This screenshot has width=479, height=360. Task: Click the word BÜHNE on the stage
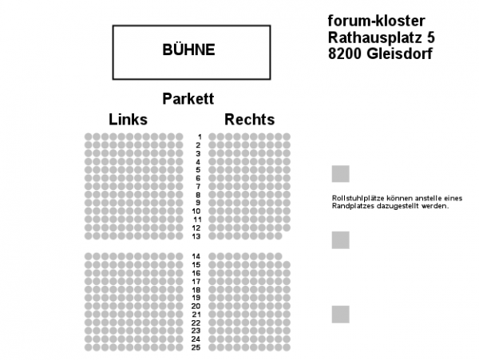188,49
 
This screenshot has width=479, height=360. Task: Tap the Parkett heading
188,99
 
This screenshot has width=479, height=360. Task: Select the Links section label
128,119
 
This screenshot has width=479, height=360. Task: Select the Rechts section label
250,119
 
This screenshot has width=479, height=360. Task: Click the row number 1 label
200,136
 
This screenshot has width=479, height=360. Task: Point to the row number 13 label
196,236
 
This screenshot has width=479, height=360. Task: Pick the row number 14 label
196,256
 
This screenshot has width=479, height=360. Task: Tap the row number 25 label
196,347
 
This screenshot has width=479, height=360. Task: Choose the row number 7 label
198,186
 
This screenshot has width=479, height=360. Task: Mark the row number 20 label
196,306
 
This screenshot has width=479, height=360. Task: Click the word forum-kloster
376,21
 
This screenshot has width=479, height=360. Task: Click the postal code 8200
345,53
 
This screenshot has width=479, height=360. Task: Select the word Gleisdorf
399,53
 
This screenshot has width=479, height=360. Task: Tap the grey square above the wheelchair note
341,174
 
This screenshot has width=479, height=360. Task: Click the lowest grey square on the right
341,315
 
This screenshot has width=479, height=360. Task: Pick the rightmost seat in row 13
278,236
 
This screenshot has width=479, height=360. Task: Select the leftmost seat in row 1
89,136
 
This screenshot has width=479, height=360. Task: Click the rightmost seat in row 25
287,347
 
